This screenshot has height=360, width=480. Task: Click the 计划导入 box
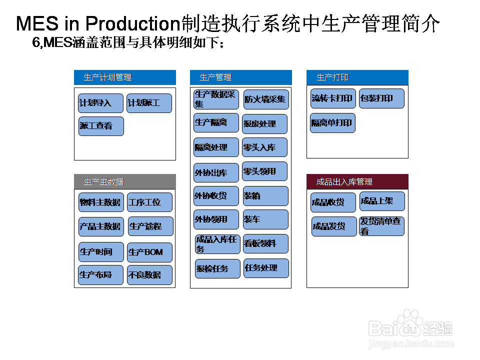[100, 103]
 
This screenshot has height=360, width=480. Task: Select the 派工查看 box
[100, 126]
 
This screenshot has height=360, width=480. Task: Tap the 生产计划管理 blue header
[125, 77]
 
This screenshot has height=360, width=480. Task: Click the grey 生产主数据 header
[125, 181]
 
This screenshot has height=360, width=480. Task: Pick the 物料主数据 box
[100, 202]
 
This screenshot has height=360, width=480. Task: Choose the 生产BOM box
[149, 252]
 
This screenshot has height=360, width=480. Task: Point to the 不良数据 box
[149, 275]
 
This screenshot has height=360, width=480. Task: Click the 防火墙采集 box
[266, 99]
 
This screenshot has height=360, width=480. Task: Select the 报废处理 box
[264, 124]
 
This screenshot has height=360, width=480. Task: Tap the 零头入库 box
[264, 147]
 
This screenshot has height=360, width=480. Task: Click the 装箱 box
[265, 196]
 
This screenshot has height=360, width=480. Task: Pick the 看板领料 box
[265, 243]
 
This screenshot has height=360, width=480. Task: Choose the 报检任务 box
[217, 268]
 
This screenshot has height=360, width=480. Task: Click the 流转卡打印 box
[332, 98]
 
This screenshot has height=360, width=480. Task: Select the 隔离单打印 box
[332, 123]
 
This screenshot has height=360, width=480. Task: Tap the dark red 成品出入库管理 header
[357, 181]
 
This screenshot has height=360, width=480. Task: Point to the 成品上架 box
[382, 201]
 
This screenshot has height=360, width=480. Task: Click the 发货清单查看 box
[381, 226]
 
